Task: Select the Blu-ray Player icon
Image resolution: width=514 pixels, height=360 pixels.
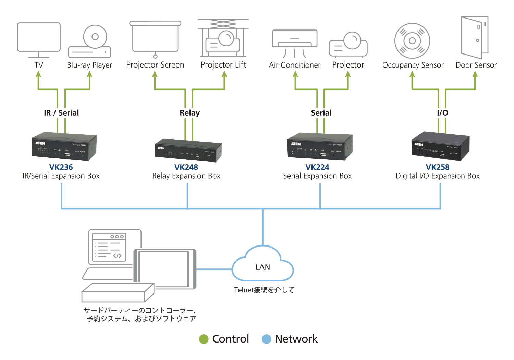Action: coord(90,42)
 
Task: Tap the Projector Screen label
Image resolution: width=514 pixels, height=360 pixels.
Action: coord(155,65)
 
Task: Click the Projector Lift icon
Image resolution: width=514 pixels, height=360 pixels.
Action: coord(223,38)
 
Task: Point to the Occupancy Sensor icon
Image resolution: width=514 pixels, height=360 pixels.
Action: coord(412,41)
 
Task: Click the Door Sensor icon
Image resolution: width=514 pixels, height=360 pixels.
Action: coord(475,37)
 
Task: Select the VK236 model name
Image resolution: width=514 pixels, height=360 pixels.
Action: coord(61,167)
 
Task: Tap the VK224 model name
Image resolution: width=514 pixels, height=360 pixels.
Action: coord(317,167)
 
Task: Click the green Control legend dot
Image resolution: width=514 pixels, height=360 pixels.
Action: coord(204,339)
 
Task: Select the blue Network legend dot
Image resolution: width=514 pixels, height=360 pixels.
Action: coord(267,339)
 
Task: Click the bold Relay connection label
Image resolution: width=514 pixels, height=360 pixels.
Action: coord(189,113)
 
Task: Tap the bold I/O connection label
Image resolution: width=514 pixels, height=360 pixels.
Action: coord(442,113)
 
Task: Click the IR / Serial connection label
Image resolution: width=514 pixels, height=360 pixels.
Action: coord(61,113)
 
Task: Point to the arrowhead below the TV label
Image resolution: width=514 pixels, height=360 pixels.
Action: coord(39,74)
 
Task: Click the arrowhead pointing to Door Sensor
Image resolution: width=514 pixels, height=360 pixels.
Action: coord(475,74)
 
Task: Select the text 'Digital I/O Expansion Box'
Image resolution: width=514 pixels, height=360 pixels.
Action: coord(438,176)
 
